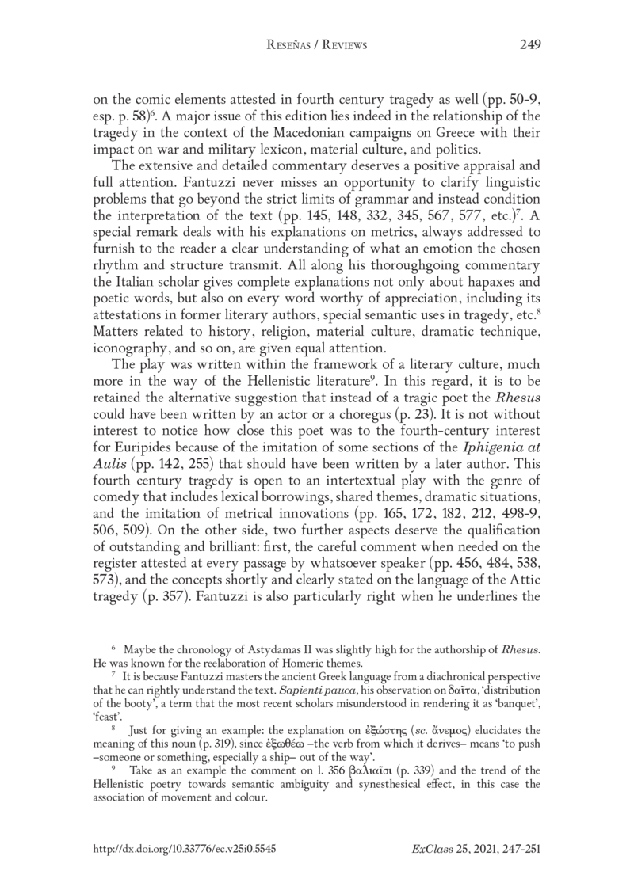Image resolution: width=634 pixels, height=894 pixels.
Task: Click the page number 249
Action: click(529, 45)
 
